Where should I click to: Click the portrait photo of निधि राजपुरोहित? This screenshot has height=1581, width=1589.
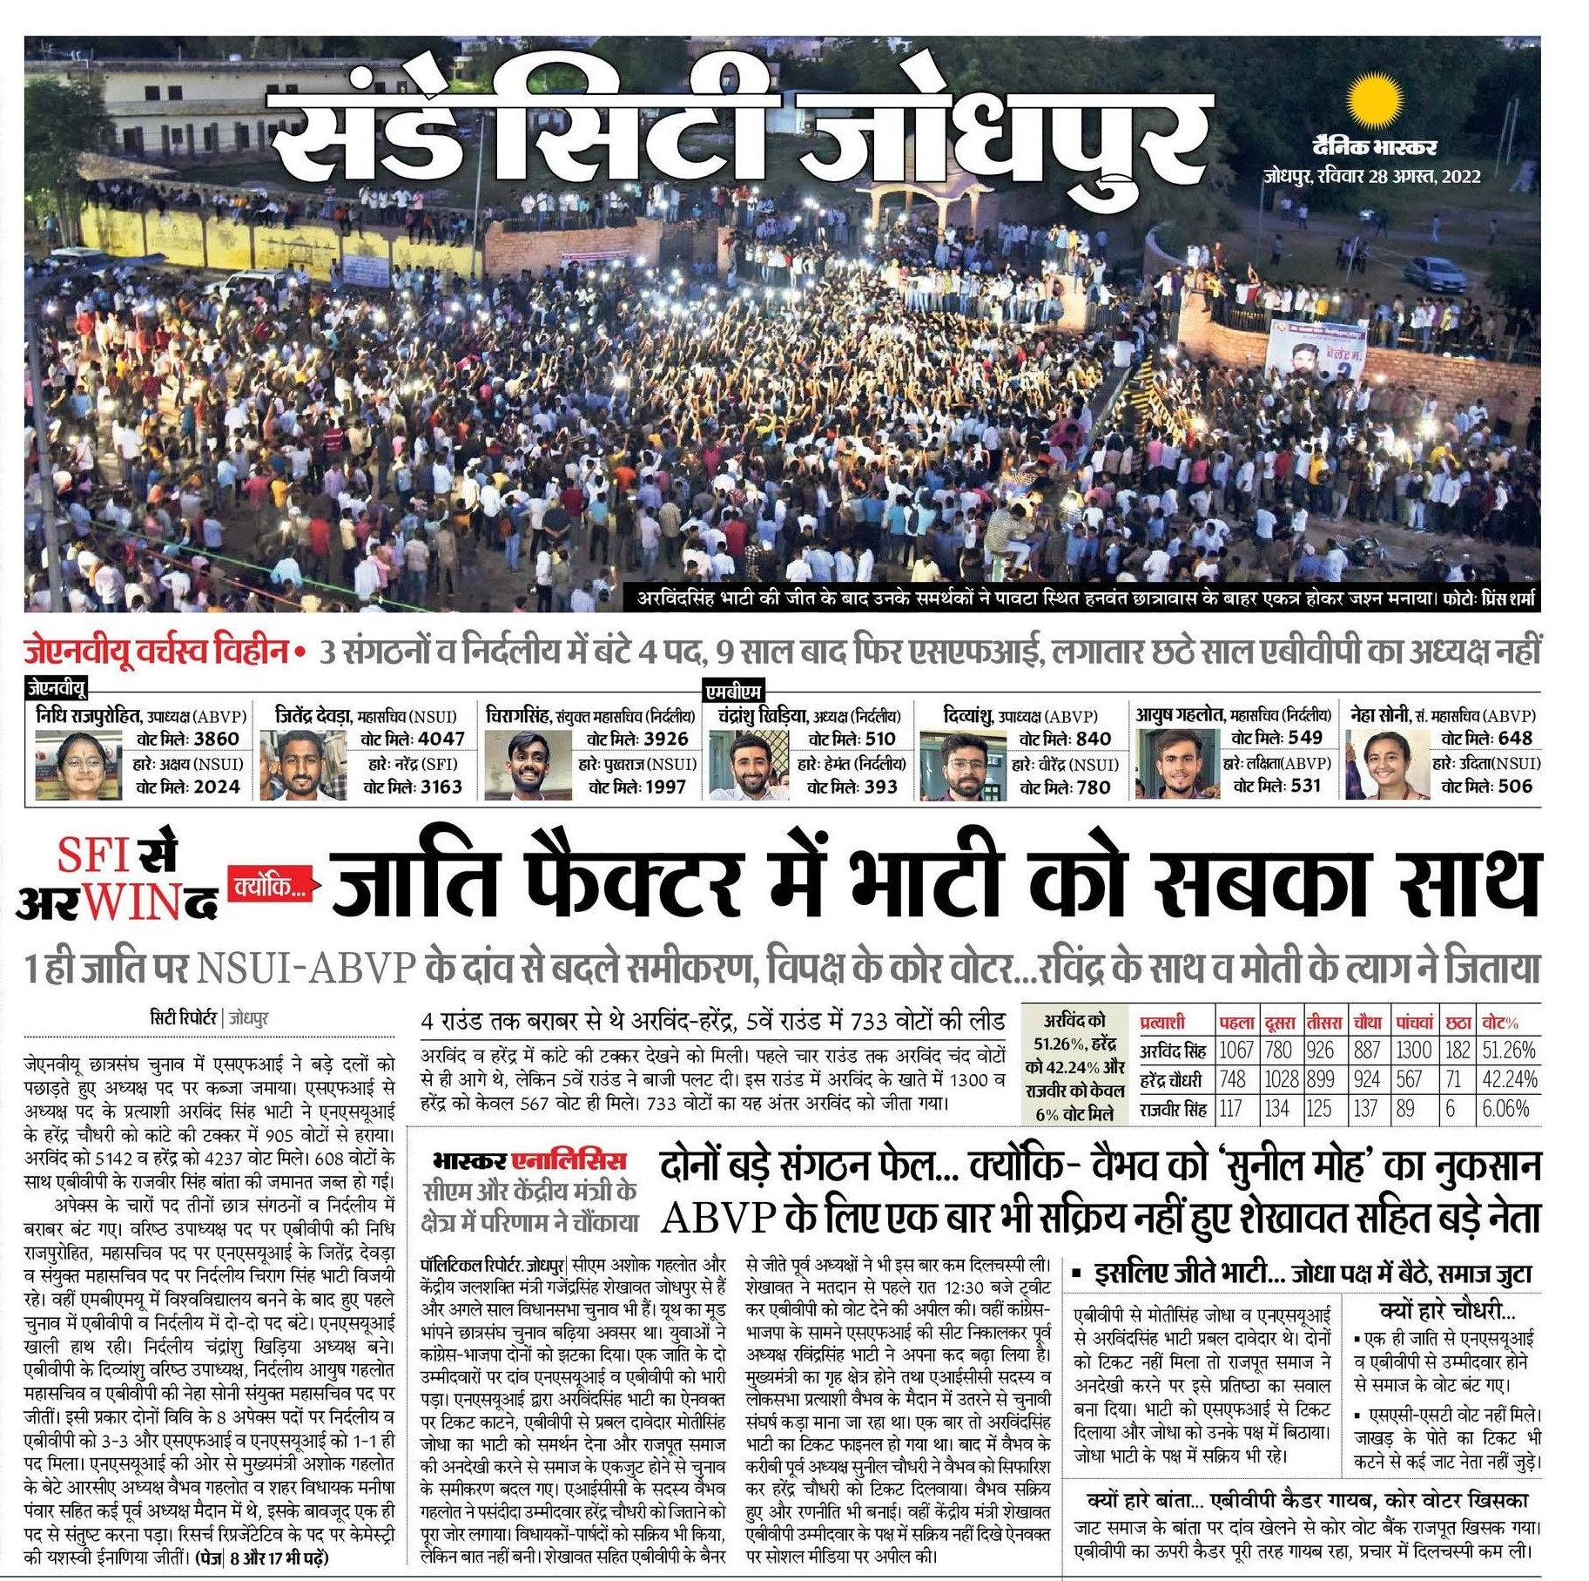pos(66,764)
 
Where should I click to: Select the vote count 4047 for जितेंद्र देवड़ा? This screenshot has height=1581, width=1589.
pos(441,739)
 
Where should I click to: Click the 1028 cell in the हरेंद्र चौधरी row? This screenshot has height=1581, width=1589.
pos(1281,1079)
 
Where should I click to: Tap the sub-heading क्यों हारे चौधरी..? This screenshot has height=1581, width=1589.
pos(1446,1310)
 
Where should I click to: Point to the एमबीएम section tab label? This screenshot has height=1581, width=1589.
pos(733,692)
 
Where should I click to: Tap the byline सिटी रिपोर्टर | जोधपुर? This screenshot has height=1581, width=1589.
pos(209,1017)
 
